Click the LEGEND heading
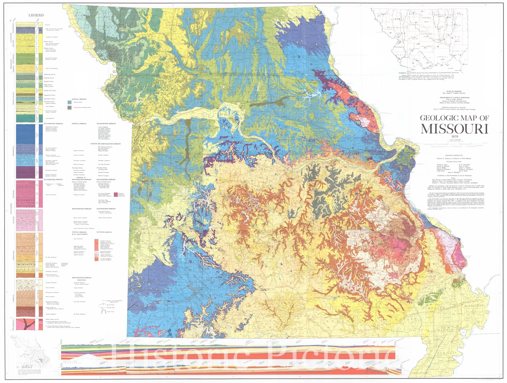coord(36,15)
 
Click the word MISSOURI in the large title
coord(454,129)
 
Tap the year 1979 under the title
coord(454,137)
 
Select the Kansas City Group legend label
coord(50,90)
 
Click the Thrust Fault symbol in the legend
coord(103,312)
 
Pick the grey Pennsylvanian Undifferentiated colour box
coord(69,108)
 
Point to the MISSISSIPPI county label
coord(474,306)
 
